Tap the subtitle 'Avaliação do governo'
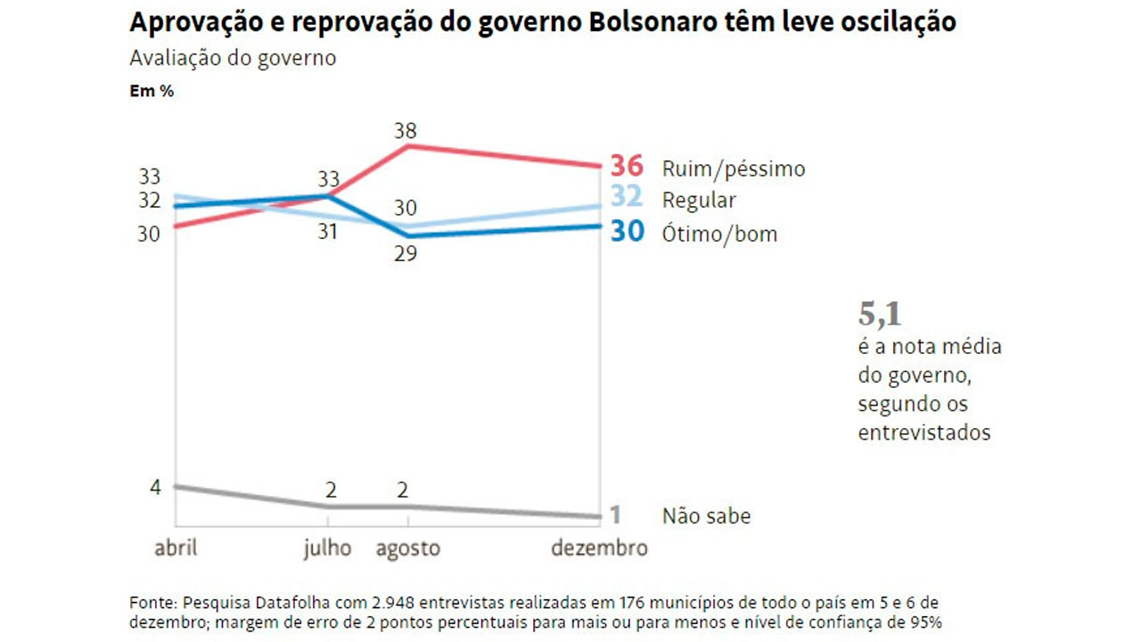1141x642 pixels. pos(233,59)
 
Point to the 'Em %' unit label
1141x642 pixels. pos(152,91)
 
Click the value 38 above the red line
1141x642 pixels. pos(406,131)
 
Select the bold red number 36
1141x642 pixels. pos(627,167)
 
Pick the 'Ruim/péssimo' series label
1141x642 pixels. pos(733,169)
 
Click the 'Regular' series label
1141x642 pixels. pos(699,200)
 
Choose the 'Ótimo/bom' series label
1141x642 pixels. pos(719,234)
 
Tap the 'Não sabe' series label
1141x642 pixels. pos(706,515)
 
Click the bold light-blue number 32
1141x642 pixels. pos(627,198)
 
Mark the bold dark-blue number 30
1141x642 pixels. pos(627,232)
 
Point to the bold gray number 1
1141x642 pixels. pos(614,514)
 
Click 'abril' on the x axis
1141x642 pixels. pos(176,547)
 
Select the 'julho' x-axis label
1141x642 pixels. pos(327,547)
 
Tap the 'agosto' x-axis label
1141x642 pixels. pos(407,547)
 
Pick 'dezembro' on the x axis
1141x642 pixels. pos(599,547)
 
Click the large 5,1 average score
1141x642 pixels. pos(881,314)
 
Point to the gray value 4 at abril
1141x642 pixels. pos(155,487)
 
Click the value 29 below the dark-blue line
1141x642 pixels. pos(406,253)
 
